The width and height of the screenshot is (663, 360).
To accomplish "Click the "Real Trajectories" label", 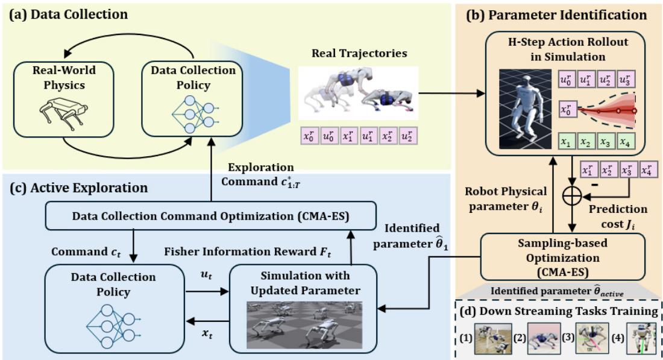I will coord(359,54).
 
